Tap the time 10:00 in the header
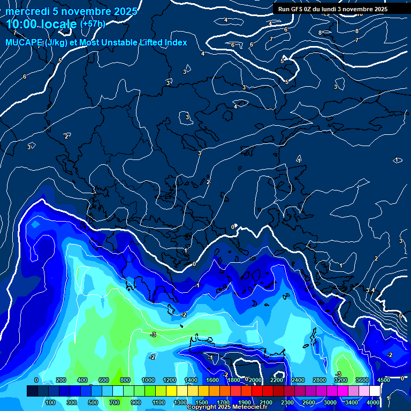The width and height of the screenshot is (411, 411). pos(21,24)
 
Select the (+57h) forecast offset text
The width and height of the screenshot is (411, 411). pos(93,24)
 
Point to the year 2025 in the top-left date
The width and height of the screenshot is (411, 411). pos(125,11)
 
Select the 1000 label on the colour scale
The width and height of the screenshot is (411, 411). pos(148,380)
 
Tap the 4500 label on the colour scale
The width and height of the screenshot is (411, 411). pos(383,380)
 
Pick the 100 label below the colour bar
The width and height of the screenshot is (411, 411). pos(51,402)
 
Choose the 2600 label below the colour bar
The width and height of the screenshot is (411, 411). pos(309,402)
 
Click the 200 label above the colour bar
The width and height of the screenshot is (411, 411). pos(61,380)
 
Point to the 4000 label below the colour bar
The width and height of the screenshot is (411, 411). pos(373,402)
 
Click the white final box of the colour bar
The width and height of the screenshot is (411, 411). pos(375,391)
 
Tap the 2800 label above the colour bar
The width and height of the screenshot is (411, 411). pos(319,380)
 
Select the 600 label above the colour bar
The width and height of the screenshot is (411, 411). pos(104,380)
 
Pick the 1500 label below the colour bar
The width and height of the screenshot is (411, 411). pos(202,402)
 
